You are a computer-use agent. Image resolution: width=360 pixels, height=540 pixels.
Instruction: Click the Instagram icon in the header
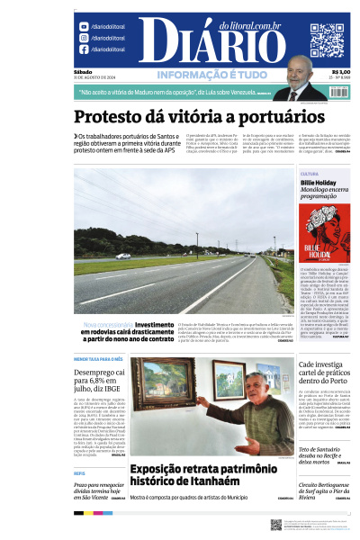coord(83,39)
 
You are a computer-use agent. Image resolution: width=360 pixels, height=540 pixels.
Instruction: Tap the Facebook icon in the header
coord(83,49)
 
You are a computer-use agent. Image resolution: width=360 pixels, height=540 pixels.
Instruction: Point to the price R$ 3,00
coord(340,72)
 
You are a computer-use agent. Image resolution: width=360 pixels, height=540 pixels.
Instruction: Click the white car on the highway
coord(123,256)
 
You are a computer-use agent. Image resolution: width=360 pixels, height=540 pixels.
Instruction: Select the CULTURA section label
coord(309,174)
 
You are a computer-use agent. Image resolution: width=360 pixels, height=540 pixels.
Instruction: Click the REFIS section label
coord(79,472)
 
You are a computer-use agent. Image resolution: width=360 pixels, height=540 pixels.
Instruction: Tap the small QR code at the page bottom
coord(276,525)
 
